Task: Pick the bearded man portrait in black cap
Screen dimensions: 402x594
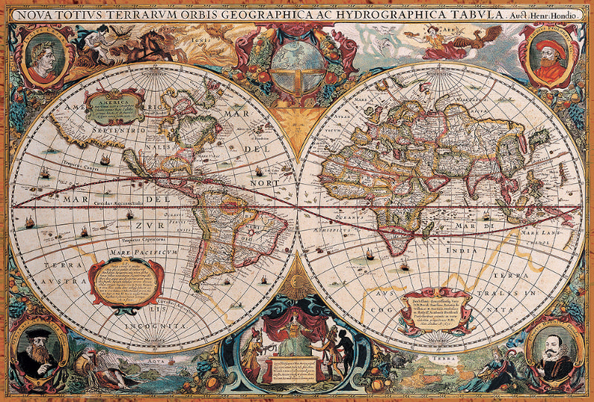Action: [38, 348]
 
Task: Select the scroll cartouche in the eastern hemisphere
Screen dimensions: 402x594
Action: [434, 306]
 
